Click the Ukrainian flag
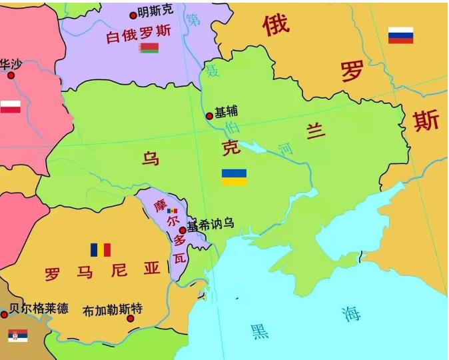tap(234, 177)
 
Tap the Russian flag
tap(400, 35)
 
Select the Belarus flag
tap(149, 48)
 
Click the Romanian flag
tap(101, 250)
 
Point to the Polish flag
tap(10, 107)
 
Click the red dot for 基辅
tap(209, 116)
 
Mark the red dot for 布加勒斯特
tap(131, 319)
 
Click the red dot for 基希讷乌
tap(183, 230)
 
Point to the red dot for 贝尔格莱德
tap(4, 313)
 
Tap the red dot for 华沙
tap(11, 75)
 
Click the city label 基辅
tap(226, 112)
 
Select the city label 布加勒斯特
tap(113, 311)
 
